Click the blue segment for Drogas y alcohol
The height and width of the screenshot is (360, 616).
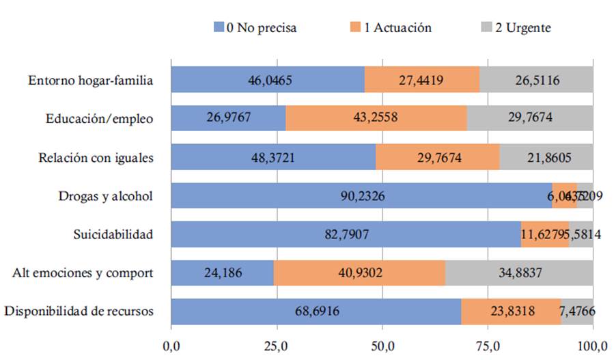coord(361,196)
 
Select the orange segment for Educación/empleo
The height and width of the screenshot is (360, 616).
coord(376,118)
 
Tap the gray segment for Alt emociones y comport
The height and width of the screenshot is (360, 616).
coord(519,273)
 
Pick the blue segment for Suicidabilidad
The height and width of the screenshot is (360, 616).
coord(346,234)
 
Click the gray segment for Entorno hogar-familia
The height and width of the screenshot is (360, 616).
coord(536,80)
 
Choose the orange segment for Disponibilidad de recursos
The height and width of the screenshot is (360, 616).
coord(511,311)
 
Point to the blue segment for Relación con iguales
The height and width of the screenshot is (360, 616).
coord(272,157)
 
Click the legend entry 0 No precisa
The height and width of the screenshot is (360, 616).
coord(255,28)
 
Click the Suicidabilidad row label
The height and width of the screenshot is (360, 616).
coord(113,235)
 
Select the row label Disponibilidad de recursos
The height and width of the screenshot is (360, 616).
coord(79,312)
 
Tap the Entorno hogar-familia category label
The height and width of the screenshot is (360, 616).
coord(90,80)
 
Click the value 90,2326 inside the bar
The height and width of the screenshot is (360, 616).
coord(362,196)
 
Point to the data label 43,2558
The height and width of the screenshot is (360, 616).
coord(376,119)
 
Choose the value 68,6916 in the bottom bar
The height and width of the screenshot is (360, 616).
coord(316,312)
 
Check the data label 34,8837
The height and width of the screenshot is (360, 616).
coord(519,273)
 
